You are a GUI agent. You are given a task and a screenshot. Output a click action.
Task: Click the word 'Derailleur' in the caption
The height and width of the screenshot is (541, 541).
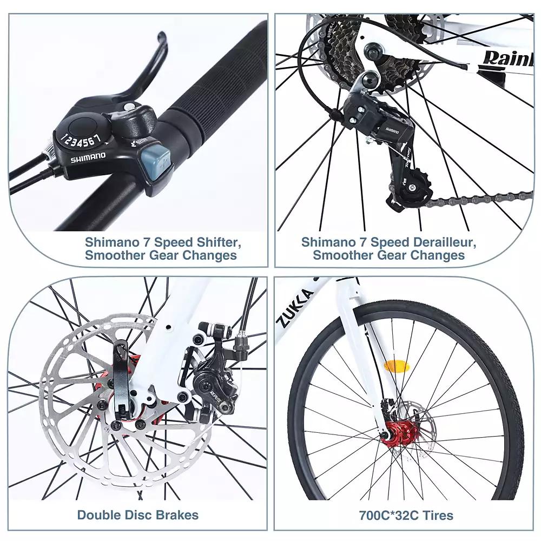point(443,241)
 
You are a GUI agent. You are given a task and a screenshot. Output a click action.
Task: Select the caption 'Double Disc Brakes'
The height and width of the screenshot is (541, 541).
point(138,514)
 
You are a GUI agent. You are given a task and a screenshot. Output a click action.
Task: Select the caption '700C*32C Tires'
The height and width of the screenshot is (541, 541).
point(406,514)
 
